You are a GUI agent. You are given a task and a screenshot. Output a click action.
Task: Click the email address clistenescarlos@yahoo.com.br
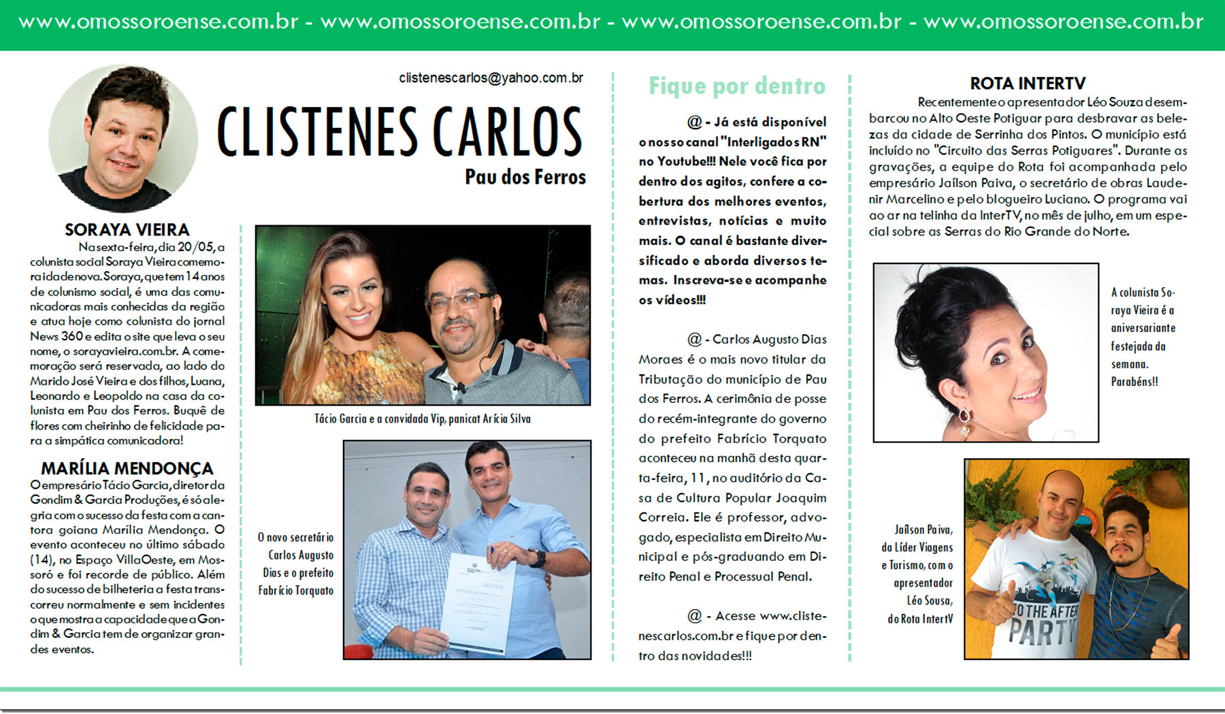pyautogui.click(x=491, y=78)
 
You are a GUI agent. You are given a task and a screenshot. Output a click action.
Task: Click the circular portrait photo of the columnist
pyautogui.click(x=123, y=138)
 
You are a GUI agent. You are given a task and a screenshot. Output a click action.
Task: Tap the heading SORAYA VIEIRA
pyautogui.click(x=127, y=230)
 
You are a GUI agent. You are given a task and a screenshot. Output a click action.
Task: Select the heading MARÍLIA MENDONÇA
pyautogui.click(x=127, y=469)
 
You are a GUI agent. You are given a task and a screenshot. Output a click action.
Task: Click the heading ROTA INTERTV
pyautogui.click(x=1028, y=84)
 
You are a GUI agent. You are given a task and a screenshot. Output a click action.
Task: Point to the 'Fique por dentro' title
pyautogui.click(x=737, y=86)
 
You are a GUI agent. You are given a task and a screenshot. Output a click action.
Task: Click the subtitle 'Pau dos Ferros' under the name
pyautogui.click(x=525, y=177)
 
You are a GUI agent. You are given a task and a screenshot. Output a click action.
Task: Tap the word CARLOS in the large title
pyautogui.click(x=507, y=132)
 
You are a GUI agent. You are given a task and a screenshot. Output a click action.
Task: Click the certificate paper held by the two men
pyautogui.click(x=477, y=602)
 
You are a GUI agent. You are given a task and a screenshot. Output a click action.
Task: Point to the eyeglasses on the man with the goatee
pyautogui.click(x=459, y=299)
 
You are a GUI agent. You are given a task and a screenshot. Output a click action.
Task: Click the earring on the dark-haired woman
pyautogui.click(x=964, y=415)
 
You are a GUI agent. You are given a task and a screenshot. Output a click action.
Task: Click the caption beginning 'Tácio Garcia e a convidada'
pyautogui.click(x=422, y=419)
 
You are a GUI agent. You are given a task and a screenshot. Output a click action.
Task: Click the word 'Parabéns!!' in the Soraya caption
pyautogui.click(x=1134, y=382)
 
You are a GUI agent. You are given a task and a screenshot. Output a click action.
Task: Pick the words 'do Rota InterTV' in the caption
pyautogui.click(x=920, y=619)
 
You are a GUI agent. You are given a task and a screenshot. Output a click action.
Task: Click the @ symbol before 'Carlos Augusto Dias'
pyautogui.click(x=694, y=339)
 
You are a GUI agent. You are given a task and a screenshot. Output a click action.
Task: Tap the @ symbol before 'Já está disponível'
pyautogui.click(x=694, y=123)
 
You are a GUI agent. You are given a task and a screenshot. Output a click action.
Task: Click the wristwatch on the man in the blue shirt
pyautogui.click(x=538, y=557)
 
